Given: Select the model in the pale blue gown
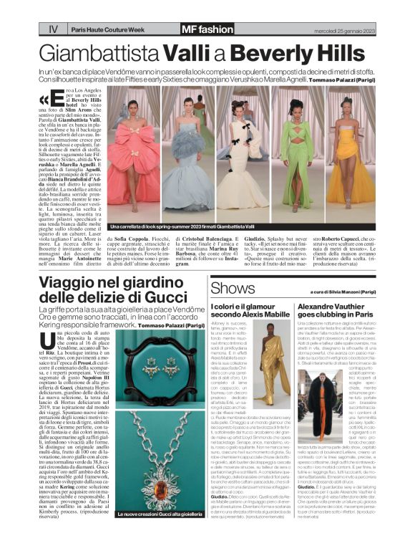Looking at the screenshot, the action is point(188,154).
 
